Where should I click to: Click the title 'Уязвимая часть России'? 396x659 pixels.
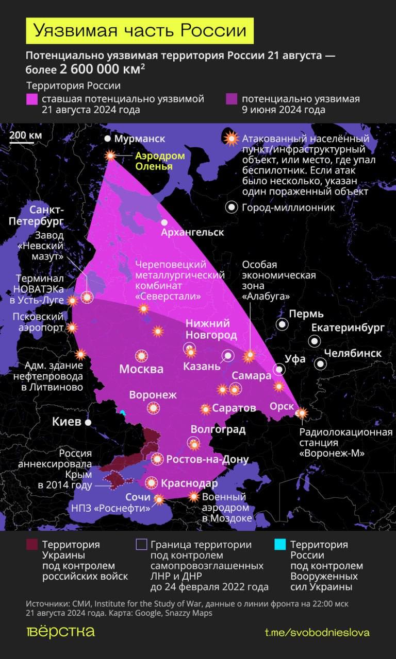[140, 31]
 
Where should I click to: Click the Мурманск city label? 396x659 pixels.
[139, 139]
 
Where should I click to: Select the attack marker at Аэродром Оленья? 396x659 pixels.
[110, 155]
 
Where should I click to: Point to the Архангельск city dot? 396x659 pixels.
[164, 222]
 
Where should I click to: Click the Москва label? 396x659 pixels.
[141, 369]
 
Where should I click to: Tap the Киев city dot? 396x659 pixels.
[89, 422]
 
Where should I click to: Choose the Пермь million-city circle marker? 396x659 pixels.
[282, 324]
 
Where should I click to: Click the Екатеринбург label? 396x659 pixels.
[348, 328]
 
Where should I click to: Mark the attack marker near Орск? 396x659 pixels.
[301, 412]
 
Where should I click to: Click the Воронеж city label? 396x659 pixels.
[153, 395]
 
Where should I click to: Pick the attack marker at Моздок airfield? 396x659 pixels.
[193, 496]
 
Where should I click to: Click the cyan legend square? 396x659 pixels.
[279, 545]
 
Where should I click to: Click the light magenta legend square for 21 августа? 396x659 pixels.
[32, 99]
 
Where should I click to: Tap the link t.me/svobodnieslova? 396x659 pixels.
[317, 632]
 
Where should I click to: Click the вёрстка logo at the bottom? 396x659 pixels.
[60, 632]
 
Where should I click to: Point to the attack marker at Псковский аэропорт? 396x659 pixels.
[72, 327]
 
